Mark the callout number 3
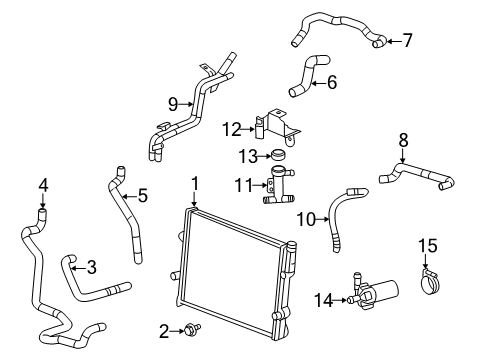point(91,267)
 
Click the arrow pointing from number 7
point(390,41)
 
